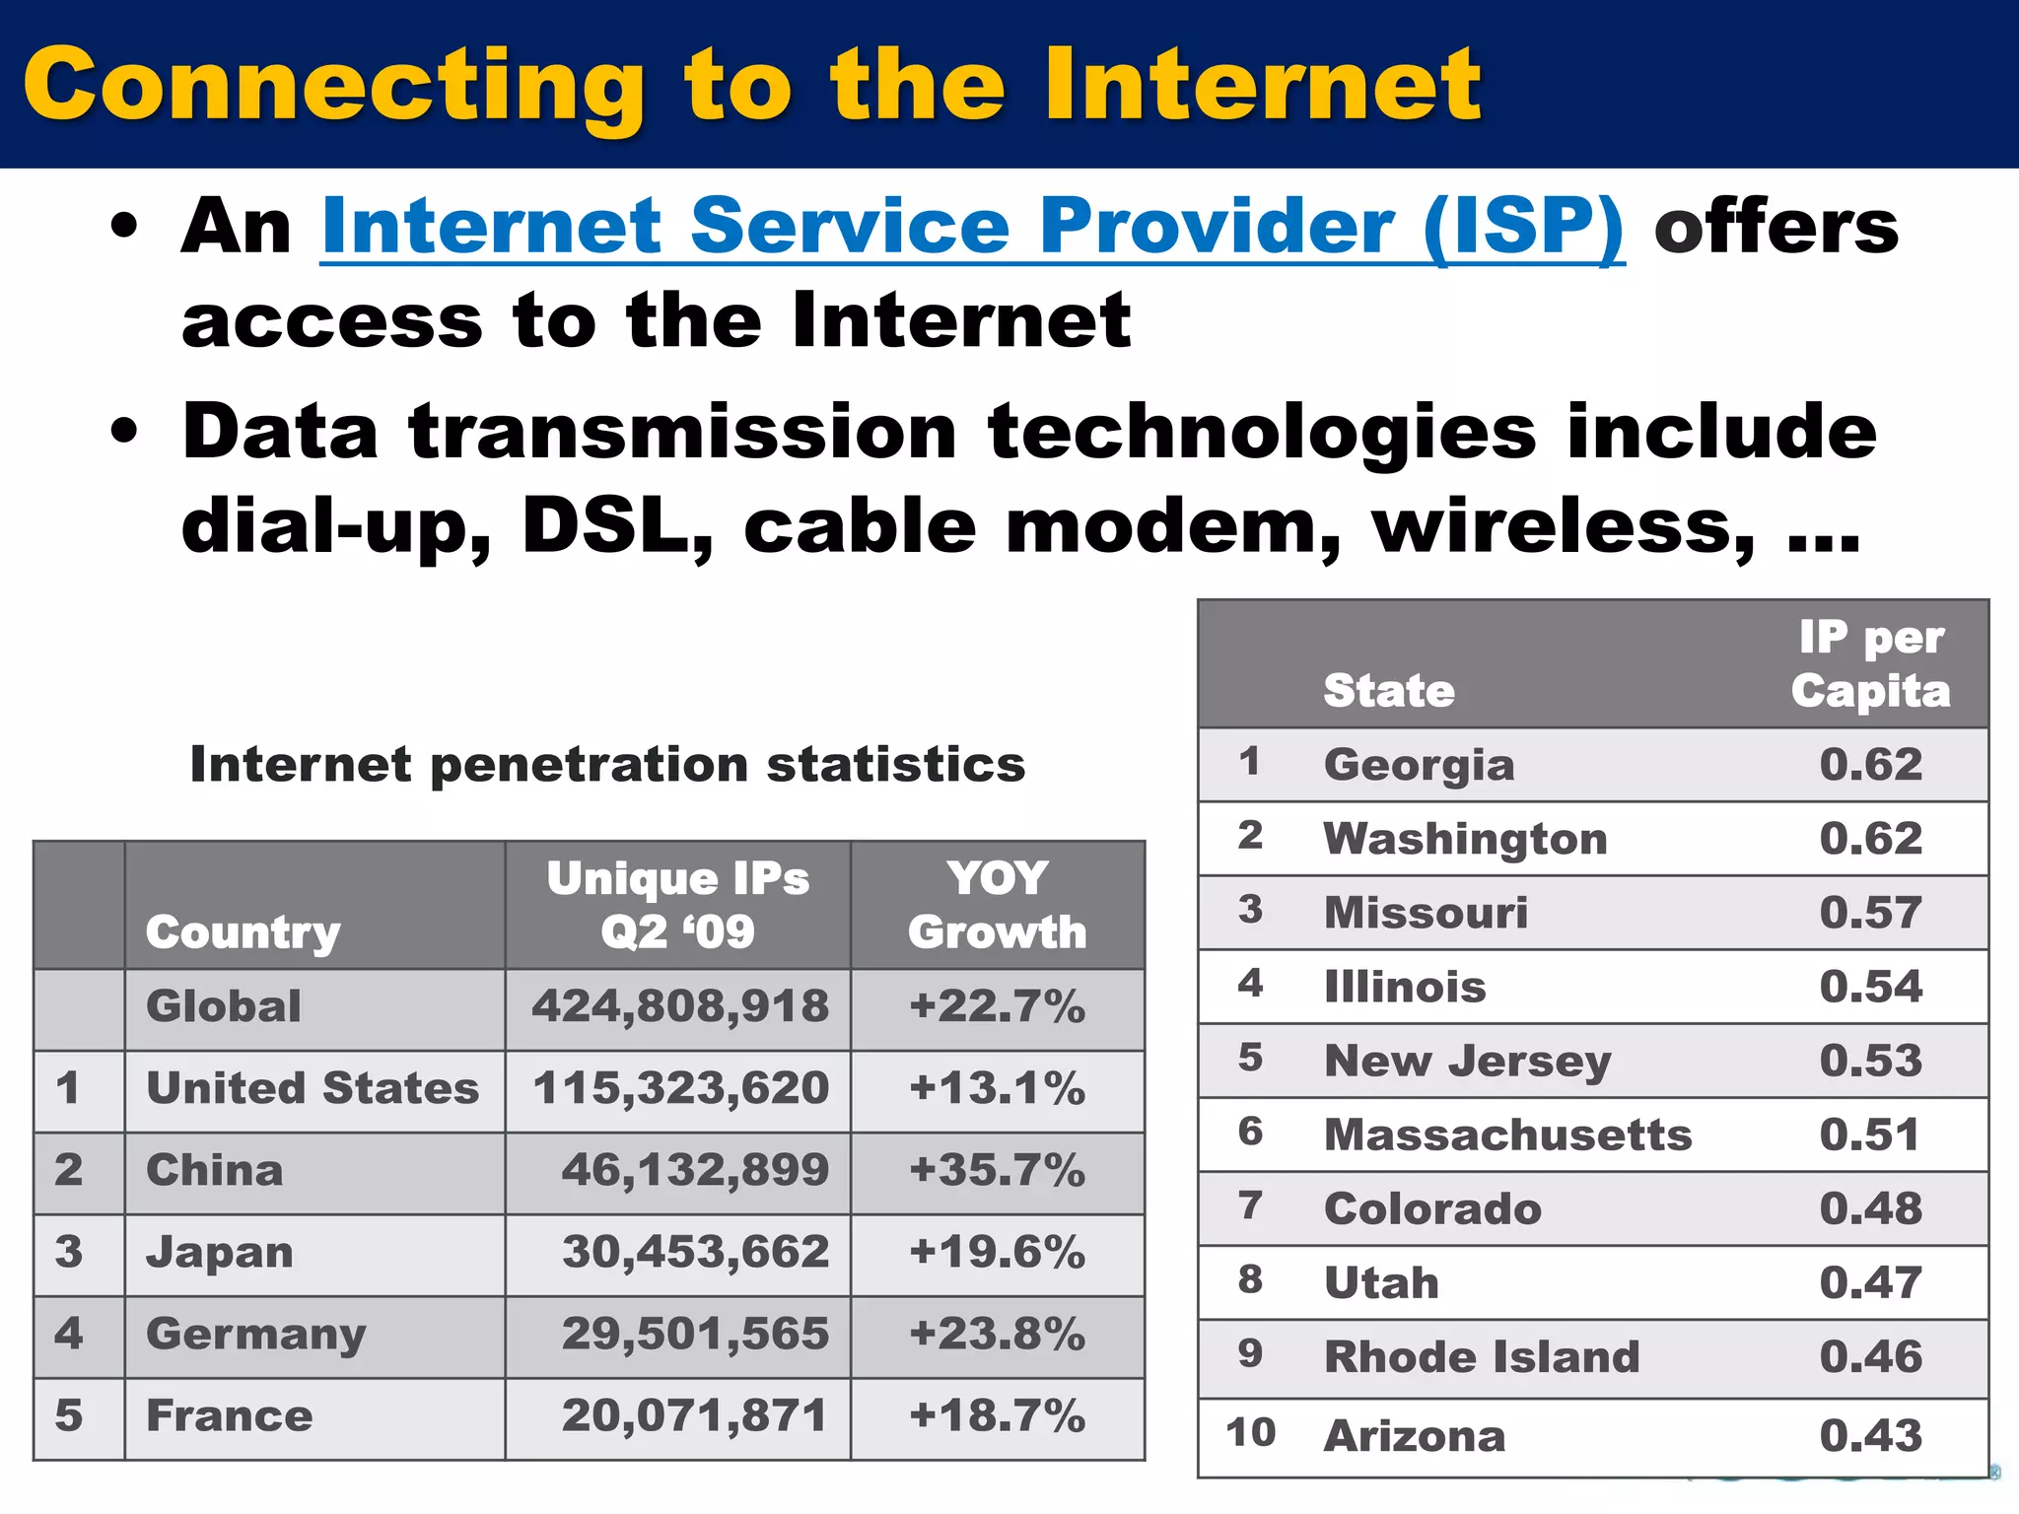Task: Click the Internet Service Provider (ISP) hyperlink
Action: [972, 228]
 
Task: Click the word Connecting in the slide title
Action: [334, 87]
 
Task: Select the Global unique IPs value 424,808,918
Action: [680, 1007]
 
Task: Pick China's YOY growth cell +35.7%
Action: [997, 1171]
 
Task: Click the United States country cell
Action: [313, 1089]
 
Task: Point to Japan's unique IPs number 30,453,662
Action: [695, 1253]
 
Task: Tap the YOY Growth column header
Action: [997, 905]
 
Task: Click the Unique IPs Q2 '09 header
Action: [678, 905]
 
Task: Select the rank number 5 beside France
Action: [69, 1416]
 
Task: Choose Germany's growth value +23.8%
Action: [997, 1335]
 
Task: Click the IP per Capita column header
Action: [1870, 664]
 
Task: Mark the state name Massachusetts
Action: [1507, 1135]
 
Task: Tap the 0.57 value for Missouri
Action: [1870, 913]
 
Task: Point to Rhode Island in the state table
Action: [1482, 1357]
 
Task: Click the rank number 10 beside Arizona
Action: [1250, 1433]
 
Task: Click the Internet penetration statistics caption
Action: [607, 765]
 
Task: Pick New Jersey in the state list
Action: [1468, 1062]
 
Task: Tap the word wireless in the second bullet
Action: [1563, 525]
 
